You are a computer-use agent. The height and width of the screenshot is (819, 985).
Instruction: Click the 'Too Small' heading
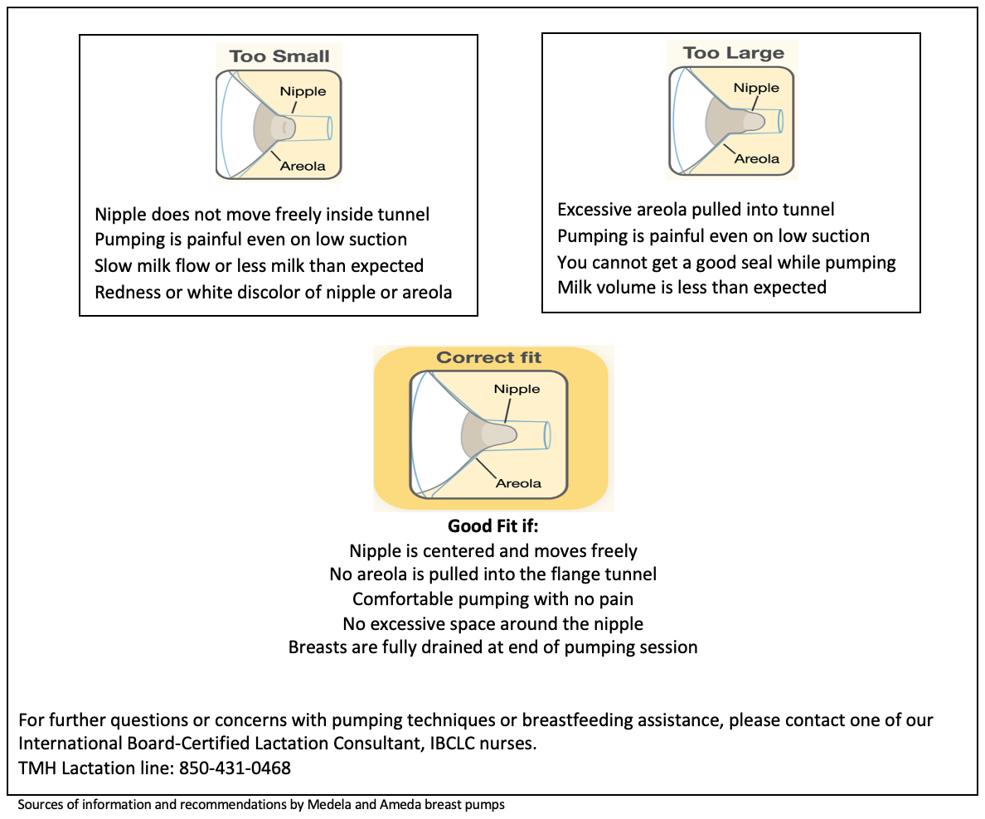click(279, 56)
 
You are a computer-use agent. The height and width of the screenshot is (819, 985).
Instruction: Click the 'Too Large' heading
click(733, 53)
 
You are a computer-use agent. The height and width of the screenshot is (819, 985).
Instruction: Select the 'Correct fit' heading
click(488, 358)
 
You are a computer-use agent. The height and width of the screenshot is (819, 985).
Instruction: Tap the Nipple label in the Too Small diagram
click(302, 92)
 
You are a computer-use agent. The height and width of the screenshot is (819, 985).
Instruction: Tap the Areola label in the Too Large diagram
click(757, 158)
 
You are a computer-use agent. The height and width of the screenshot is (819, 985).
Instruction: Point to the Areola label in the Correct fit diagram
click(518, 483)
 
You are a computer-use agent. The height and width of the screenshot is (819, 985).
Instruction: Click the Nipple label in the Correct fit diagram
click(517, 389)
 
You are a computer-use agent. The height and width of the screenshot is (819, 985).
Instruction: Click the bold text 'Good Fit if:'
click(492, 526)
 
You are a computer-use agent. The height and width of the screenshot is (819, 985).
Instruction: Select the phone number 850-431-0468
click(235, 768)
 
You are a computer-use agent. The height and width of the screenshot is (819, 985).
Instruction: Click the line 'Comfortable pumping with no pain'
click(492, 598)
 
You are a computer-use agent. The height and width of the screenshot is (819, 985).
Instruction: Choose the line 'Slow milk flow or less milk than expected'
click(259, 266)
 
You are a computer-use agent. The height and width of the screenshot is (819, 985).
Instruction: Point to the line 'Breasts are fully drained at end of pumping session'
click(492, 647)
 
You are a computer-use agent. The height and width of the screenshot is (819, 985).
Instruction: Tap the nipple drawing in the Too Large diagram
click(752, 121)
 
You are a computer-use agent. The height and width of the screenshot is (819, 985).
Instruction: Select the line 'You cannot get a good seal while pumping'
click(726, 262)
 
